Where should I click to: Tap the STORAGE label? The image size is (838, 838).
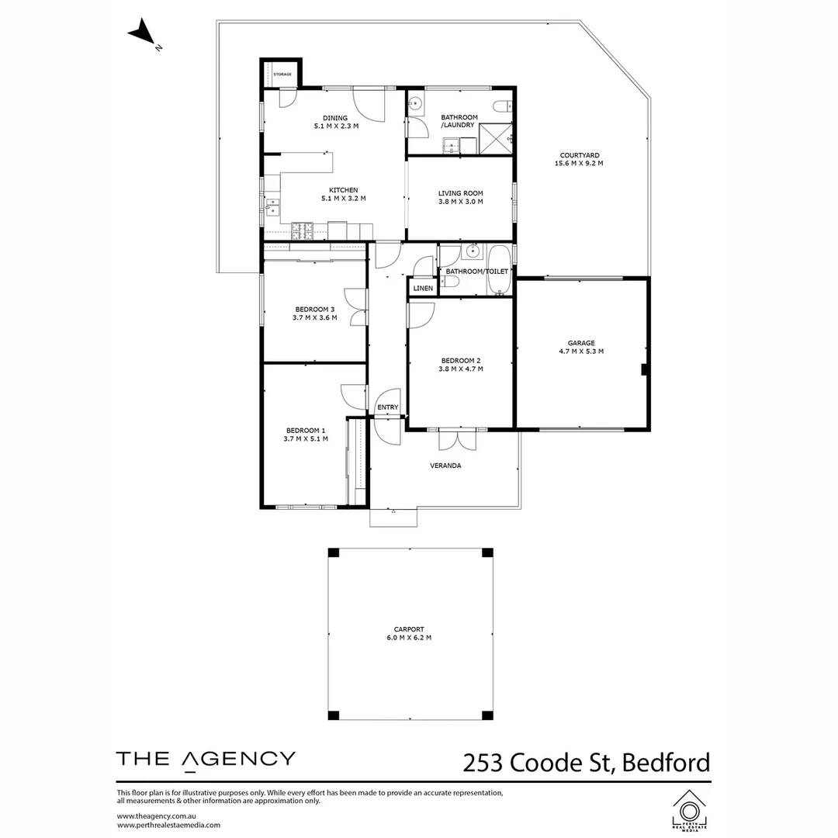(x=282, y=74)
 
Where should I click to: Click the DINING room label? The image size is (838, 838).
(x=336, y=118)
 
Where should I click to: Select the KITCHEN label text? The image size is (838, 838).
(x=343, y=190)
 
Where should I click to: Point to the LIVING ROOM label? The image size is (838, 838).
(x=460, y=193)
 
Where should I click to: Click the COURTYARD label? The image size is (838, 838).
(x=579, y=155)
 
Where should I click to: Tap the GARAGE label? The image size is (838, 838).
(x=580, y=342)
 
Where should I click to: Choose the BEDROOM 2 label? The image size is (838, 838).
(x=461, y=361)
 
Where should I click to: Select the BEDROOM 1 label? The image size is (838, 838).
(x=306, y=431)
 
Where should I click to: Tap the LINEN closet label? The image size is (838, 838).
(x=423, y=288)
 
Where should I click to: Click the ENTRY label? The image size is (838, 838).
(x=387, y=407)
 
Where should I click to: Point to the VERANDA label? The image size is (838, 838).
(x=446, y=466)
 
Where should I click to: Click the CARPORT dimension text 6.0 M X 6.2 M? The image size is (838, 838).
(x=408, y=638)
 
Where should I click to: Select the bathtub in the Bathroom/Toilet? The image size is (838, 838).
(x=498, y=270)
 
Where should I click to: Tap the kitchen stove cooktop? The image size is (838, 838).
(x=302, y=230)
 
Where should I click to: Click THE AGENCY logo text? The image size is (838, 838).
(x=206, y=759)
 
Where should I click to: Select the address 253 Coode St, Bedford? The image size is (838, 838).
(x=586, y=762)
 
